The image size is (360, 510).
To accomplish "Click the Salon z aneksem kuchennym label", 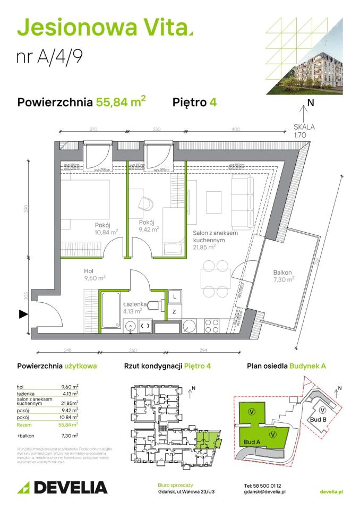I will point(211,240).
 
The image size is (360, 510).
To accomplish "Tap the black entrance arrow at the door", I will point(23,314).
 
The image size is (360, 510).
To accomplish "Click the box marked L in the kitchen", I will point(174,296).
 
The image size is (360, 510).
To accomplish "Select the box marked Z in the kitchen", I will point(174,312).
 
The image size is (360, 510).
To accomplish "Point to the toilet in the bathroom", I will point(156,305).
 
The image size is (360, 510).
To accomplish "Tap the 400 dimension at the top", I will point(235,130).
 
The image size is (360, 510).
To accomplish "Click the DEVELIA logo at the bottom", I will point(63,487).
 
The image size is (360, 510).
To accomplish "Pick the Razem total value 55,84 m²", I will point(68,425).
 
